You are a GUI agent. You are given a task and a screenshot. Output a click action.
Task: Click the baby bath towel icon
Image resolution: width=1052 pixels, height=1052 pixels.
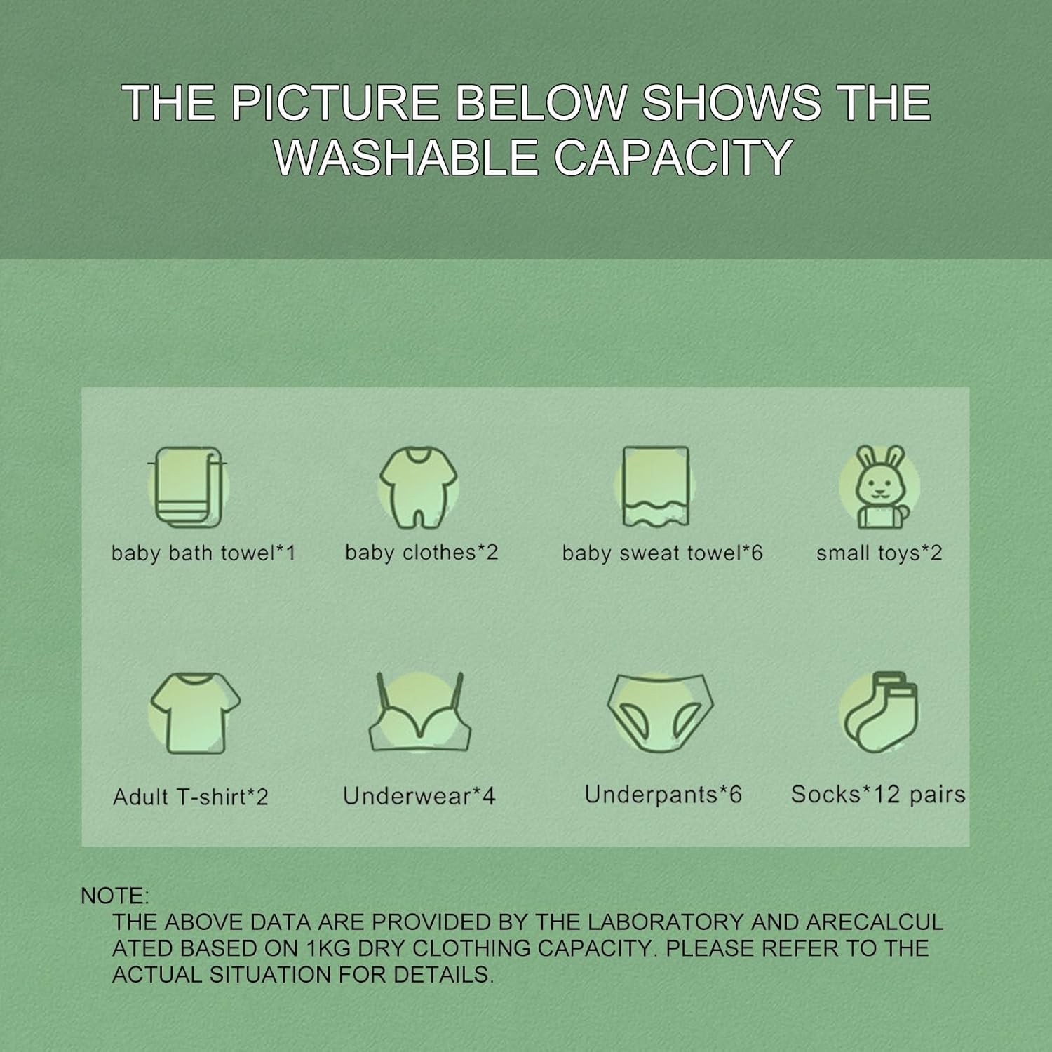(189, 487)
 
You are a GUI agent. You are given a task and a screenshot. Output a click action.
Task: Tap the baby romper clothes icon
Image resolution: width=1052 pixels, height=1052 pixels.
(419, 487)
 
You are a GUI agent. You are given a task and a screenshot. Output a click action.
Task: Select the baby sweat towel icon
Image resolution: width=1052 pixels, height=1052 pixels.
(656, 487)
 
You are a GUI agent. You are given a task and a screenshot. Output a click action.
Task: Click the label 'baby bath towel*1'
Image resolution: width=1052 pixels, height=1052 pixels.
(203, 553)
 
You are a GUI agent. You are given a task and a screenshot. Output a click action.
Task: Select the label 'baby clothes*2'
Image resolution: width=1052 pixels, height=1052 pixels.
(422, 553)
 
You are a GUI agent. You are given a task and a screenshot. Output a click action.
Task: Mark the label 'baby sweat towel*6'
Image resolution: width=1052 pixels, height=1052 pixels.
(662, 553)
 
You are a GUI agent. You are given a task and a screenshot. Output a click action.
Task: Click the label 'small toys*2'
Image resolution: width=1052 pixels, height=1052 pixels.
(879, 553)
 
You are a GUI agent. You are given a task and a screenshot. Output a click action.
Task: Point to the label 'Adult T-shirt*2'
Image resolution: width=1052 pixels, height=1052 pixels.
(191, 797)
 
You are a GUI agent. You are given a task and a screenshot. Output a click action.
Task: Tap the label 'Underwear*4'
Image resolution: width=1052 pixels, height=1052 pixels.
(419, 796)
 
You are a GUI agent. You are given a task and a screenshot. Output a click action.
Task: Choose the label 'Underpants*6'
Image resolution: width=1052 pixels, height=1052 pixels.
(663, 795)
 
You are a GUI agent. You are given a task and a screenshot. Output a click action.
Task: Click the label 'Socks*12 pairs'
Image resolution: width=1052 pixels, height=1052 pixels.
(878, 795)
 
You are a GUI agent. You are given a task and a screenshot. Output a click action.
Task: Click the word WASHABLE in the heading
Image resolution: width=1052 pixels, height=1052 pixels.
(406, 157)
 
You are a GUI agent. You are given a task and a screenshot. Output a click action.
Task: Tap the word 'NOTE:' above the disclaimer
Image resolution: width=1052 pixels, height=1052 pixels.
(115, 896)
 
